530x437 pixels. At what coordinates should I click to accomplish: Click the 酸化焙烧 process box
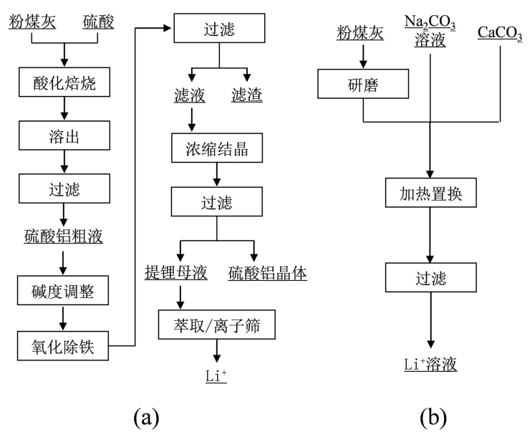click(x=64, y=85)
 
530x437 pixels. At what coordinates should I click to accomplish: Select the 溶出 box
click(x=64, y=133)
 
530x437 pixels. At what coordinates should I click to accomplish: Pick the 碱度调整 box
click(x=64, y=292)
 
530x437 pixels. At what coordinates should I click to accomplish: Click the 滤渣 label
click(x=247, y=95)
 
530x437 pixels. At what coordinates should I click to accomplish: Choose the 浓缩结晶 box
click(x=217, y=148)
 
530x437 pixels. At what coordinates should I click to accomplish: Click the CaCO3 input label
click(x=500, y=33)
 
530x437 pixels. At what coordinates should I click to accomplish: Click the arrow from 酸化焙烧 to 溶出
click(x=64, y=109)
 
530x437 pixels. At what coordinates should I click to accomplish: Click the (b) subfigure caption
click(x=430, y=415)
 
